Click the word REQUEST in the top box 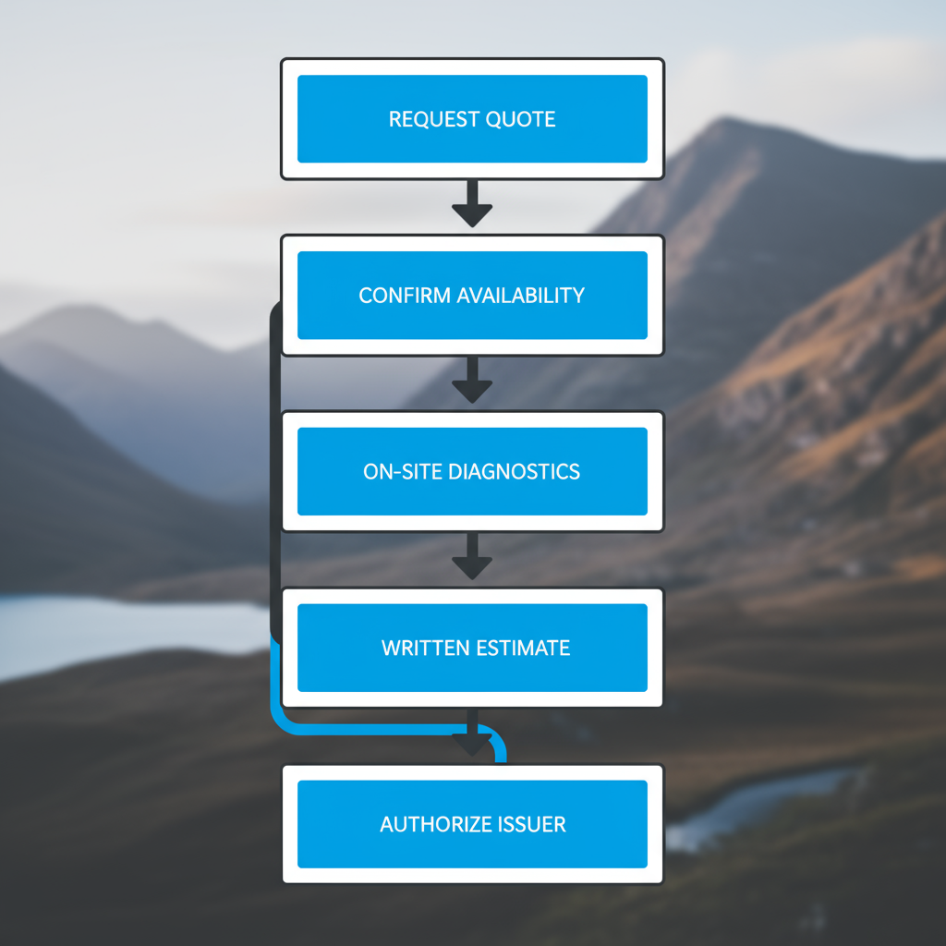[x=428, y=119]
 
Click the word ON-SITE [x=403, y=472]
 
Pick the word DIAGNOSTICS [x=514, y=472]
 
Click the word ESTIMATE [x=523, y=649]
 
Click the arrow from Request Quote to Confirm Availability [x=472, y=203]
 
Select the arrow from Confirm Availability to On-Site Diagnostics [x=472, y=380]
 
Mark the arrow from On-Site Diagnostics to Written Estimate [x=472, y=556]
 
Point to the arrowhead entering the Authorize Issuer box [x=472, y=743]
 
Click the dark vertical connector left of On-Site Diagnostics [x=274, y=471]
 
